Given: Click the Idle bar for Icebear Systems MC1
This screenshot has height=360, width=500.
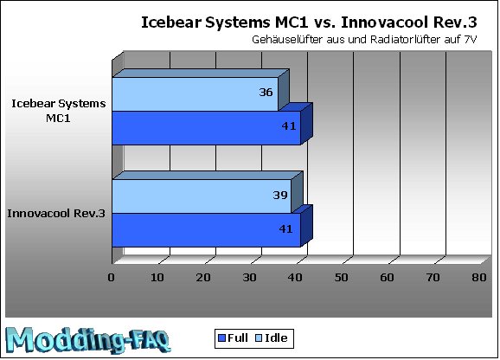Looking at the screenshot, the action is [196, 94].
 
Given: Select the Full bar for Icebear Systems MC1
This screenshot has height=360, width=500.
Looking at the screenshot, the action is [207, 128].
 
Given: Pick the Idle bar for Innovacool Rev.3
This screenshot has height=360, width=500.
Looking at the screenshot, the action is [202, 196].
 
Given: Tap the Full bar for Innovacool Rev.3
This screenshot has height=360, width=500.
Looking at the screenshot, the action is [207, 230].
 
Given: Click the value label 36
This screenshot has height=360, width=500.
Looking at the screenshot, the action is [266, 93].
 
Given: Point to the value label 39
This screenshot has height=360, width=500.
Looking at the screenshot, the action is [280, 195].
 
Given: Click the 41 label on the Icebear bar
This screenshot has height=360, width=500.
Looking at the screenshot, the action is [289, 126].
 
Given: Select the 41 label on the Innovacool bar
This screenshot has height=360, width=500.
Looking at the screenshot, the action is [285, 229].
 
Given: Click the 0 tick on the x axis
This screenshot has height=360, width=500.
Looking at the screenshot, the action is [111, 278].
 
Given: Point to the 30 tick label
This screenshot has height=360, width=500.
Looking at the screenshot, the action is [249, 278].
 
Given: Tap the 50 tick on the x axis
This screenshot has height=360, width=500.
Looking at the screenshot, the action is [341, 278].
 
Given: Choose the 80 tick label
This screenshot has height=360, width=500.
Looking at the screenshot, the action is [479, 278].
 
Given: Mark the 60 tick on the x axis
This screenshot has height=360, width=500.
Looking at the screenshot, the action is [388, 278].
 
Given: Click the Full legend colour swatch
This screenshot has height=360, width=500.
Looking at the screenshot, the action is [221, 338].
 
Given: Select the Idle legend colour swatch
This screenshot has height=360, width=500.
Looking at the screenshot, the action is [259, 338].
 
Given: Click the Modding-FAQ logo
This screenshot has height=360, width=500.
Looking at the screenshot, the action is [88, 340].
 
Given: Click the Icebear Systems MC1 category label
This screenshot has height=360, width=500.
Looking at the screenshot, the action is [59, 111].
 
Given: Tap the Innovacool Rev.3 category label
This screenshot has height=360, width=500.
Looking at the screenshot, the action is [56, 214].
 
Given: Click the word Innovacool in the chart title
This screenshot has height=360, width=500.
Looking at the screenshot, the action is [384, 22].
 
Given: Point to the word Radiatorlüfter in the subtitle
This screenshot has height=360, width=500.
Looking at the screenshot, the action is [403, 40].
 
